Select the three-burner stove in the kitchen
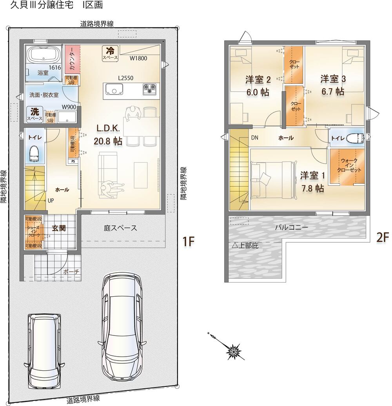[149, 89]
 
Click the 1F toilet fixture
[34, 154]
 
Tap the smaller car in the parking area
[45, 351]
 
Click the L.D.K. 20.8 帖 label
[108, 134]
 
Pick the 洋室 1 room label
[312, 182]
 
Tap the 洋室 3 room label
[333, 85]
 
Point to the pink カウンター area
[72, 59]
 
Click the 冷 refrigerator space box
[110, 54]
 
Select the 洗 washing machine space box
[35, 114]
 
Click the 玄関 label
[59, 228]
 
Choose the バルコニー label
[292, 228]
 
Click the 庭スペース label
[120, 228]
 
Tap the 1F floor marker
[189, 241]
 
